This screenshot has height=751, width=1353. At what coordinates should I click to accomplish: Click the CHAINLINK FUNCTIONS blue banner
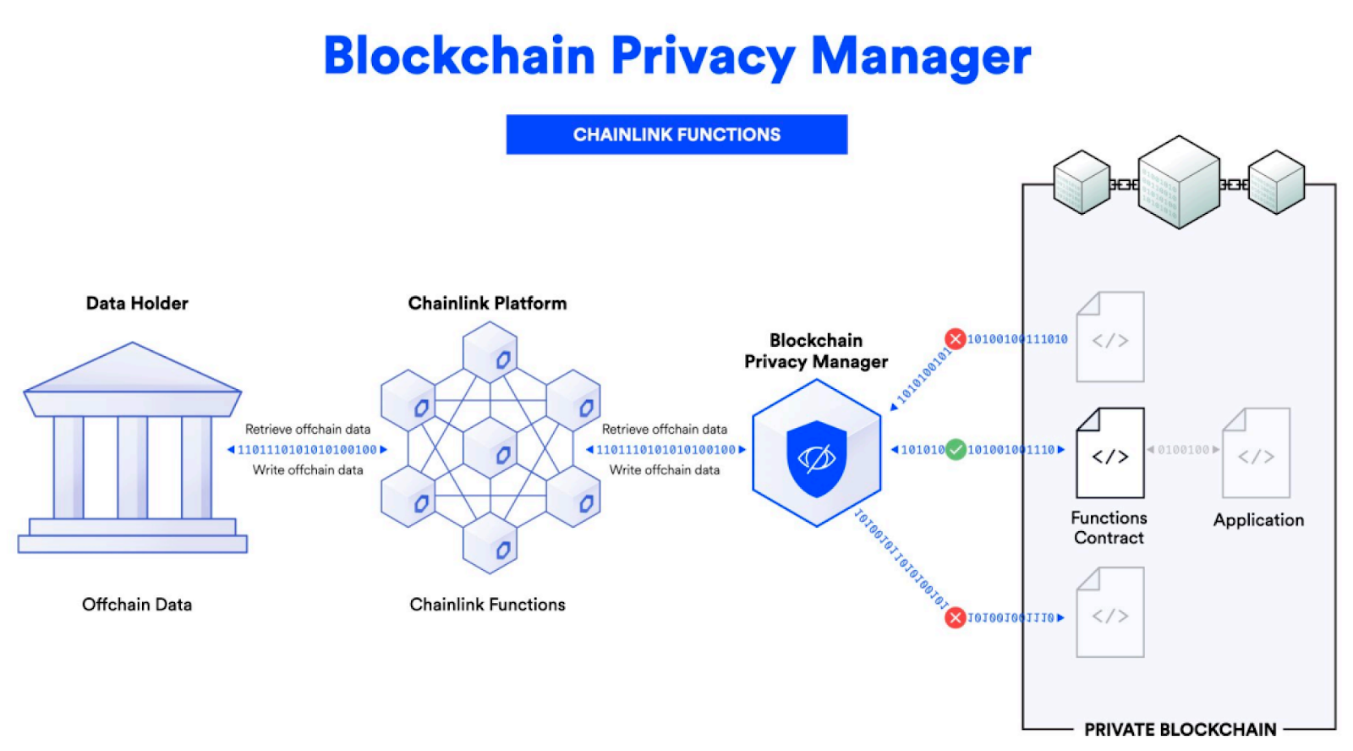pos(676,134)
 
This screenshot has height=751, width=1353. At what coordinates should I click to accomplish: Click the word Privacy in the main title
pos(702,57)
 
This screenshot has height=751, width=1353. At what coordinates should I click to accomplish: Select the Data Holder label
pos(137,303)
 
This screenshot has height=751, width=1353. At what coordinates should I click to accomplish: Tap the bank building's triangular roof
pos(133,370)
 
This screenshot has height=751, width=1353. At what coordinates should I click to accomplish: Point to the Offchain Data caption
pos(137,605)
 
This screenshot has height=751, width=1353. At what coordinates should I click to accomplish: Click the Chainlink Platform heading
pos(487,303)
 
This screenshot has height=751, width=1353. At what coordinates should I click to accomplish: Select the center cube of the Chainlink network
pos(490,447)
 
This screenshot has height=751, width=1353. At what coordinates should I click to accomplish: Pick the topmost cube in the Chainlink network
pos(490,352)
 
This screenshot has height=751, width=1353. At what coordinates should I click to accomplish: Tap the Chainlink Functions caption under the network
pos(487,605)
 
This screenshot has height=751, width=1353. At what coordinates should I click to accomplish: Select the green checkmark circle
pos(956,450)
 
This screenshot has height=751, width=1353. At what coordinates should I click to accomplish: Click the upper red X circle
pos(956,339)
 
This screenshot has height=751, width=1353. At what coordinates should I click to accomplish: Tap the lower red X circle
pos(956,617)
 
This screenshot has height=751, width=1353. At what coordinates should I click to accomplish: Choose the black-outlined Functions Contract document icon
pos(1109,454)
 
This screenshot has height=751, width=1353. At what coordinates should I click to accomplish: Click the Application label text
pos(1258,520)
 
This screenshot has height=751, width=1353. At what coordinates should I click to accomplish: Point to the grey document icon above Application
pos(1256,454)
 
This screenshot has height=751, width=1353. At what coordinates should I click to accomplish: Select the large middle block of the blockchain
pos(1178,182)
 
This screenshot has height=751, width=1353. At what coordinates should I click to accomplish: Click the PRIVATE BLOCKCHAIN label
pos(1180,729)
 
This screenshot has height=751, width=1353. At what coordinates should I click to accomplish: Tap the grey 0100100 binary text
pos(1183,450)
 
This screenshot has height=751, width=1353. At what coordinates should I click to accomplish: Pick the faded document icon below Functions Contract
pos(1109,613)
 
